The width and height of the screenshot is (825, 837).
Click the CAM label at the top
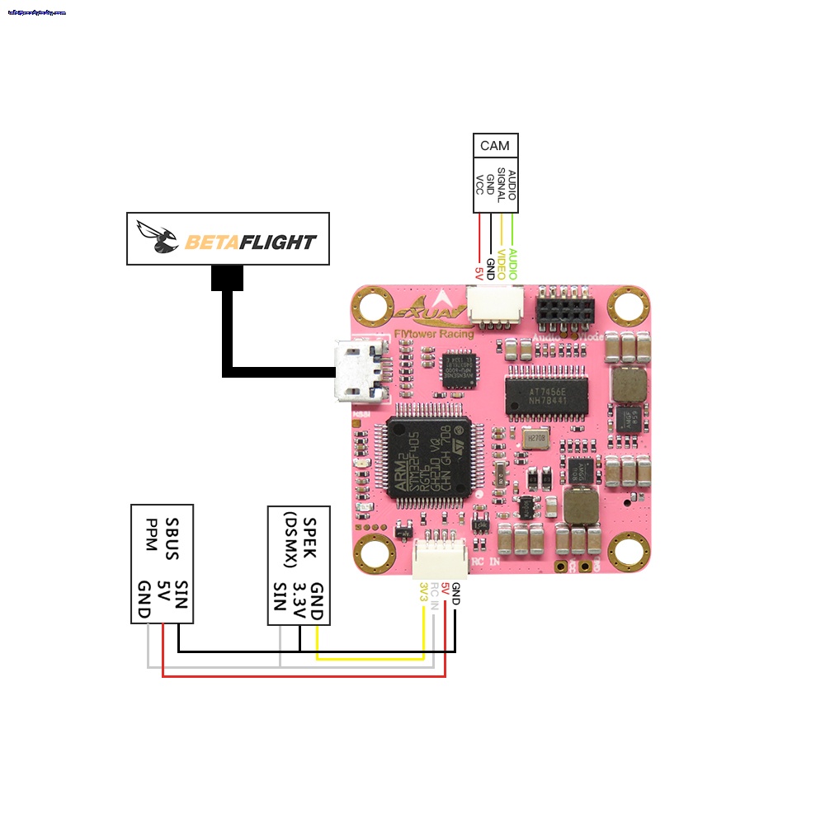pyautogui.click(x=495, y=146)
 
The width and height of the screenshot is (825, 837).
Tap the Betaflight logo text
pyautogui.click(x=250, y=242)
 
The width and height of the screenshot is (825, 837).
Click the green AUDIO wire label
pyautogui.click(x=512, y=263)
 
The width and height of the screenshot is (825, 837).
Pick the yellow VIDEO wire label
pyautogui.click(x=501, y=263)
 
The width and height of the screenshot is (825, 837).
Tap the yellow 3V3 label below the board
pyautogui.click(x=423, y=591)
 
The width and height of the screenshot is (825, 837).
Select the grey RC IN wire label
pyautogui.click(x=435, y=595)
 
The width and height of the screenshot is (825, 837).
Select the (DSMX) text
pyautogui.click(x=290, y=540)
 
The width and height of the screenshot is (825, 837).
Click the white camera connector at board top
pyautogui.click(x=489, y=309)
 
